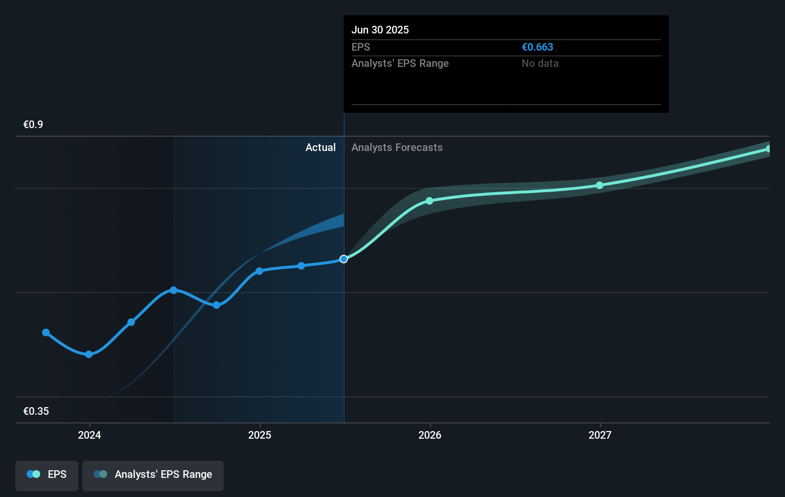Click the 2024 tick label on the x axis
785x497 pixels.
point(89,435)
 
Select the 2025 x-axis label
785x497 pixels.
point(260,435)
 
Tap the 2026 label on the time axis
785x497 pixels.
point(430,435)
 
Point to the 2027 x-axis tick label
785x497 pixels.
point(600,435)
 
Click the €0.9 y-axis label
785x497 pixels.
point(33,125)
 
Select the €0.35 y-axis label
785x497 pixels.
point(36,411)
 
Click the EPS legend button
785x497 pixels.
point(47,475)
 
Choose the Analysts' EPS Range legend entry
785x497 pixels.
point(153,475)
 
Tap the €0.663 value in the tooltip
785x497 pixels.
point(537,47)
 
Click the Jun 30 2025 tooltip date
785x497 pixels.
point(380,30)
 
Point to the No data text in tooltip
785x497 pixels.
point(540,64)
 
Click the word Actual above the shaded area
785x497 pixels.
point(320,148)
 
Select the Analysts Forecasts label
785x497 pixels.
point(397,148)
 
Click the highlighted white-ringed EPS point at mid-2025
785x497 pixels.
point(344,259)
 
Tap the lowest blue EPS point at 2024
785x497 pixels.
point(89,354)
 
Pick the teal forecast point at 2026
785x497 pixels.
point(429,201)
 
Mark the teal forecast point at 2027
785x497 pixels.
point(600,185)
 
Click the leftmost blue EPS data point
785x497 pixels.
point(46,333)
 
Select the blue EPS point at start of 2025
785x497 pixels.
point(259,271)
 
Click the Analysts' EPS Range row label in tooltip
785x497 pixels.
point(400,64)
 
